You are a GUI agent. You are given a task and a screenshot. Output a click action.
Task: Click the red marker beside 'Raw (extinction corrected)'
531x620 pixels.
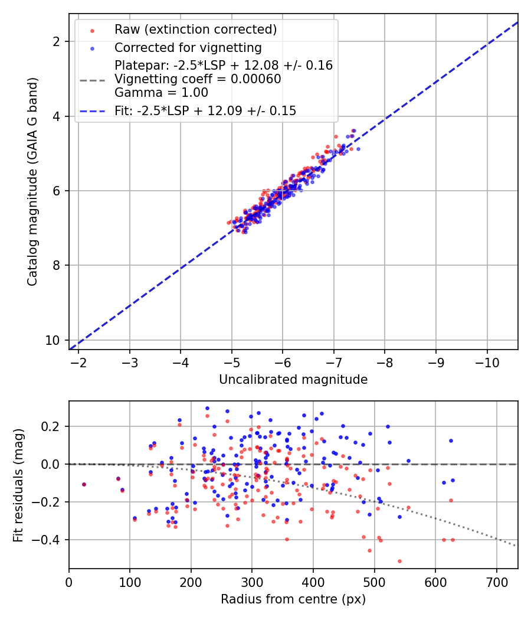93,31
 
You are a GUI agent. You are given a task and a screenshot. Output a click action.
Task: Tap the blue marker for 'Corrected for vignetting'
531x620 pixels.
93,48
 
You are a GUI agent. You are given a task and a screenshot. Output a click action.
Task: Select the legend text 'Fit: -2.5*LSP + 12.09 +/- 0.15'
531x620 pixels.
205,111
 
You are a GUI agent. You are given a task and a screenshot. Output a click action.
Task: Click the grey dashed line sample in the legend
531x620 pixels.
93,81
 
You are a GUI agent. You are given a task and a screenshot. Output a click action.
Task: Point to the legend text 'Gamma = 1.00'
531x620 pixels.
161,93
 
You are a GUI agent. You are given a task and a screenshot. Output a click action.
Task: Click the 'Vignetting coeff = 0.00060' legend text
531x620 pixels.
198,79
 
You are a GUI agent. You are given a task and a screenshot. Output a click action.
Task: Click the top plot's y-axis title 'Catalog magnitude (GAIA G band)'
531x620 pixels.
32,181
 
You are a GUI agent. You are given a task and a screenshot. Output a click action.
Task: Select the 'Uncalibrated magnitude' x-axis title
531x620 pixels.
293,380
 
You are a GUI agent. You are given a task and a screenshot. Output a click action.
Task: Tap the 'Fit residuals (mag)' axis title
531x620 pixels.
18,485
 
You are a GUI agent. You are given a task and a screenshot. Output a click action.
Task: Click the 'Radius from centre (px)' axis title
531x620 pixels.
293,599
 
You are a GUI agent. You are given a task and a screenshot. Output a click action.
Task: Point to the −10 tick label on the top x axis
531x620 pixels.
487,363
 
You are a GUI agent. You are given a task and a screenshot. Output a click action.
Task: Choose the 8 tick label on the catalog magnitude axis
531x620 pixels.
56,265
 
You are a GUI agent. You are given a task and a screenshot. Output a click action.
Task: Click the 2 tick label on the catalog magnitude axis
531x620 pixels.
56,41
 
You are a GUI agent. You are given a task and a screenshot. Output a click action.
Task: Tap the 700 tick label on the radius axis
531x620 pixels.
496,582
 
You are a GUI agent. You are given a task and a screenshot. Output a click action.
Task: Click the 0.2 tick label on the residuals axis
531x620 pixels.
51,427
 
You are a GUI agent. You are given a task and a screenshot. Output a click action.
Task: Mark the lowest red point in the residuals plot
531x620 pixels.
399,561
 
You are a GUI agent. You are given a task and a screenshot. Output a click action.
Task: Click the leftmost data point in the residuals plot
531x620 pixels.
84,484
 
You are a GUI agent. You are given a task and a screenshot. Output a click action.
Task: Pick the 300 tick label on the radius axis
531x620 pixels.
252,582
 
